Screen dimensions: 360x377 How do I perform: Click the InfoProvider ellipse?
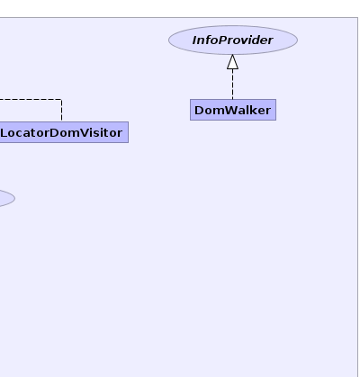click(233, 40)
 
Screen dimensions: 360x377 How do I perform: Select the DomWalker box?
click(233, 110)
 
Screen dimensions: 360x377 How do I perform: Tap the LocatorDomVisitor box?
click(64, 132)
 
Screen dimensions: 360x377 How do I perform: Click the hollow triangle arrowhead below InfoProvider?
click(233, 62)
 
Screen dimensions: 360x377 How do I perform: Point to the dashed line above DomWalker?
click(233, 85)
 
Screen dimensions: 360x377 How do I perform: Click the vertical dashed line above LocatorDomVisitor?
click(62, 111)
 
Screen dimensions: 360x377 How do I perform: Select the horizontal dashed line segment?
click(31, 99)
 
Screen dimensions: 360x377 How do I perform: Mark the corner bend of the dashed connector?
click(62, 99)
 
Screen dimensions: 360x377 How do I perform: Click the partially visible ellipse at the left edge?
click(7, 198)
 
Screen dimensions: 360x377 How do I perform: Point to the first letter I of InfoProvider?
click(195, 40)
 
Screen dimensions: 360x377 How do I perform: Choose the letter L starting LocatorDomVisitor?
click(4, 132)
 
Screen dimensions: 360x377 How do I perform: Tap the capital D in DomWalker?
click(199, 110)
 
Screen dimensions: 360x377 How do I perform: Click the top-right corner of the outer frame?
click(357, 18)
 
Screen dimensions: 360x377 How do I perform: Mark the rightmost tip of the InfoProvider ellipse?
click(298, 40)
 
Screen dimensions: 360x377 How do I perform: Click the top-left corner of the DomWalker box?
click(190, 99)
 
